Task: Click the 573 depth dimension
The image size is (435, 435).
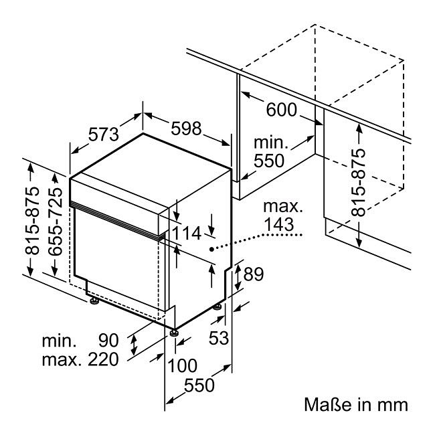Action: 104,135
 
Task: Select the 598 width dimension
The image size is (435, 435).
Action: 186,128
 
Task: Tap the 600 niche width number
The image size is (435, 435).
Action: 282,109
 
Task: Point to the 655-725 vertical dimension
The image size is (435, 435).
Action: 55,222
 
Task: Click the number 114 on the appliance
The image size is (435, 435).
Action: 187,233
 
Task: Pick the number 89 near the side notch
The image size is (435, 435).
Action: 253,274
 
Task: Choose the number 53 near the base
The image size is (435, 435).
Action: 219,337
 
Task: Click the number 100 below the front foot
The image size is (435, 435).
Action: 182,365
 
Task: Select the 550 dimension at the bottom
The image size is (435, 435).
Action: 199,385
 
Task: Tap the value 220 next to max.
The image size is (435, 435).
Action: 103,359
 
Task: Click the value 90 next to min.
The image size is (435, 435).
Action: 108,341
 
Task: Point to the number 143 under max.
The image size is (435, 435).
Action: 279,224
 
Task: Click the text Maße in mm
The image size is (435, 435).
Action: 356,404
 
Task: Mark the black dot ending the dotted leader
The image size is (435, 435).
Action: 211,249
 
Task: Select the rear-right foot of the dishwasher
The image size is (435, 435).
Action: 217,307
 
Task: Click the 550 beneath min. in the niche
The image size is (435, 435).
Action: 269,161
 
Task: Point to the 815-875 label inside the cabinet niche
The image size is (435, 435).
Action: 358,183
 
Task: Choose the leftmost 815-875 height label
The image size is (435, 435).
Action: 32,221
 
